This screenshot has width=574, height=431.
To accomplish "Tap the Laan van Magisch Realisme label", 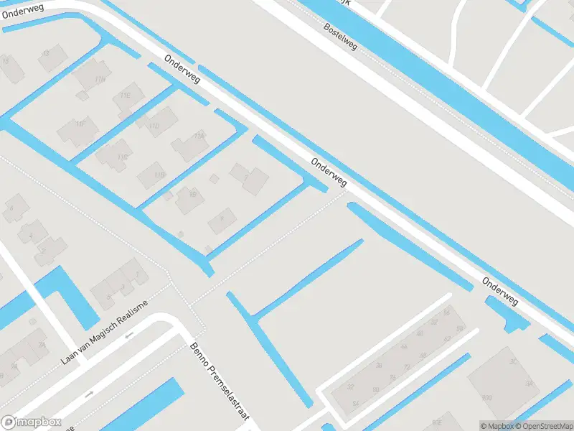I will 104,332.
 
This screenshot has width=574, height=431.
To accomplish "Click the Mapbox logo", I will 30,422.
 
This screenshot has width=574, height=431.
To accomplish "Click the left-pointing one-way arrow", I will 130,334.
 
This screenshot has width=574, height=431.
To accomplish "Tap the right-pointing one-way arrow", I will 89,394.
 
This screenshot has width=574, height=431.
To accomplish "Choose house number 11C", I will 123,157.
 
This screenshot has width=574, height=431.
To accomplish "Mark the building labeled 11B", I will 159,174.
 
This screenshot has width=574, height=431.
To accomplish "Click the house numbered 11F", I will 81,124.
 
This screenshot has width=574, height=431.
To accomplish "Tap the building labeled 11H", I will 100,78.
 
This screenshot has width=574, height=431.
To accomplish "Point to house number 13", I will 47,52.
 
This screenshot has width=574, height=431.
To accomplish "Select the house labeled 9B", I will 192,193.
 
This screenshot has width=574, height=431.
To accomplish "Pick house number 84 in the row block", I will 356,403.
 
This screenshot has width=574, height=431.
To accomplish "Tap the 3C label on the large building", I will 513,361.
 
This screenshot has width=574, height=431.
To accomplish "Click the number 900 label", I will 487,397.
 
